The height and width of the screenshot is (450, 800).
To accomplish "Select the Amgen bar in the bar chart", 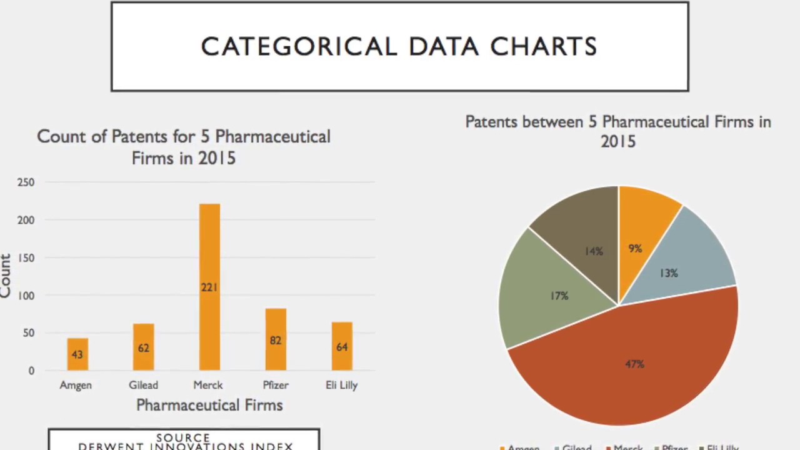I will (77, 354).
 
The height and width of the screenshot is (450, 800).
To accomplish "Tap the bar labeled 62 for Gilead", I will (143, 347).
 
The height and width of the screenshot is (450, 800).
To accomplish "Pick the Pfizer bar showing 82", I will (276, 340).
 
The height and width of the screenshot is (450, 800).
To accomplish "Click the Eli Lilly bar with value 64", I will (342, 347).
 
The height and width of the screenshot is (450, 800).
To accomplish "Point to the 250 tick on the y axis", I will (26, 182).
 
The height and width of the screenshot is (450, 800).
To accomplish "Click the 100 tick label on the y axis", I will (26, 296).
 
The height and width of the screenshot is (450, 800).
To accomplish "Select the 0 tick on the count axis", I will (31, 371).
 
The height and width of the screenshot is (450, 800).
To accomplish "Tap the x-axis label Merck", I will (208, 385).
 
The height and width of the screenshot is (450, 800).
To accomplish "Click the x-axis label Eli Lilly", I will (342, 385).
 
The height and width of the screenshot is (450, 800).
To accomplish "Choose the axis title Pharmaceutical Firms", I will (209, 405).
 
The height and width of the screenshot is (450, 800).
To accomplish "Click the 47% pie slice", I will (634, 364).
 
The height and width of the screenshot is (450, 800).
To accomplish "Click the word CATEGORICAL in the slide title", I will (299, 47).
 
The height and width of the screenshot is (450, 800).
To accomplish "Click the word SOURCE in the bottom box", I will (183, 438).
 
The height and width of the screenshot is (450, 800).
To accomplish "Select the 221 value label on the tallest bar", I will (209, 287).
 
